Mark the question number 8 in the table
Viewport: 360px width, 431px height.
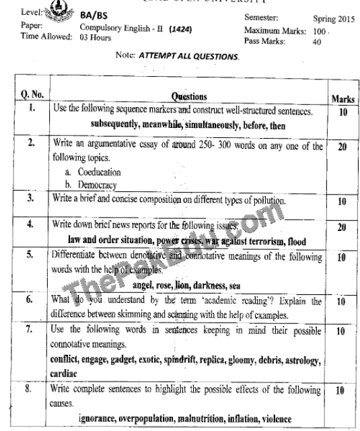(30, 389)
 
